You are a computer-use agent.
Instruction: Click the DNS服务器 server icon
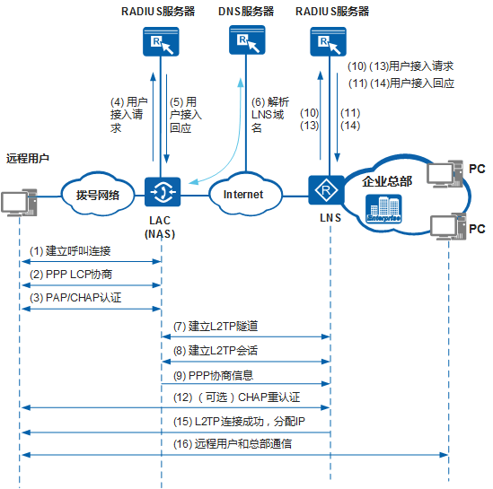(245, 43)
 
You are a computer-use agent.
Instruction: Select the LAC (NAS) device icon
(161, 192)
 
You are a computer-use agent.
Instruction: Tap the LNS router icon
(325, 192)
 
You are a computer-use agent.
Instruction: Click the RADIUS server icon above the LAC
(161, 43)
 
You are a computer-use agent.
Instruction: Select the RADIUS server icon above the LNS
(325, 43)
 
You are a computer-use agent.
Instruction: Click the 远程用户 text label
(27, 158)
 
